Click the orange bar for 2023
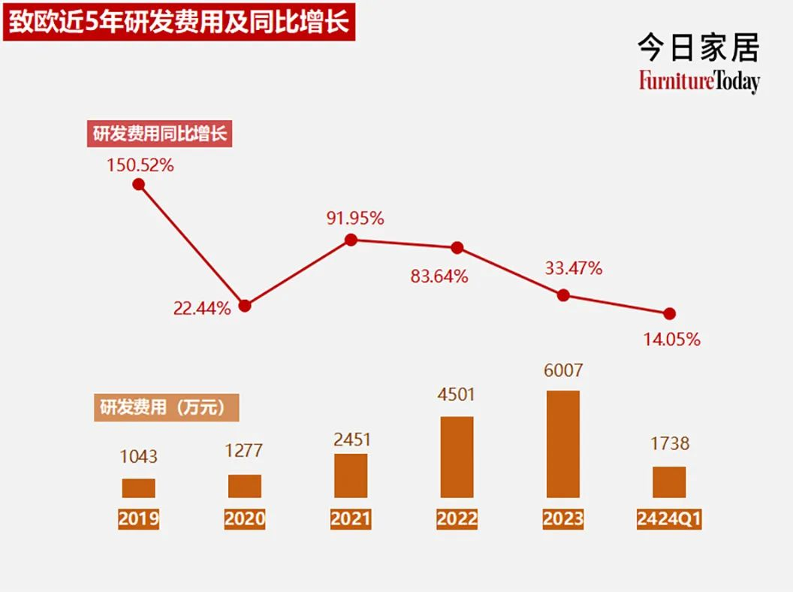[x=562, y=444]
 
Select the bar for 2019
[x=138, y=488]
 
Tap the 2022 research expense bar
[x=457, y=457]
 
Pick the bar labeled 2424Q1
[x=669, y=482]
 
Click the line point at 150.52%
[x=138, y=183]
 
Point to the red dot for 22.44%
[x=245, y=306]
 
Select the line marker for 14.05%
[x=670, y=313]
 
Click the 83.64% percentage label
[x=439, y=276]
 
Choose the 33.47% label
[x=573, y=268]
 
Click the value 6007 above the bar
[x=563, y=371]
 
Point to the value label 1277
[x=245, y=451]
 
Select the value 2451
[x=351, y=439]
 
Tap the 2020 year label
[x=245, y=519]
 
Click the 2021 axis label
[x=351, y=519]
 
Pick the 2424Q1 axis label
[x=669, y=519]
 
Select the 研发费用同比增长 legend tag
[x=160, y=134]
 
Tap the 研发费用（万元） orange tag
[x=166, y=407]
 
